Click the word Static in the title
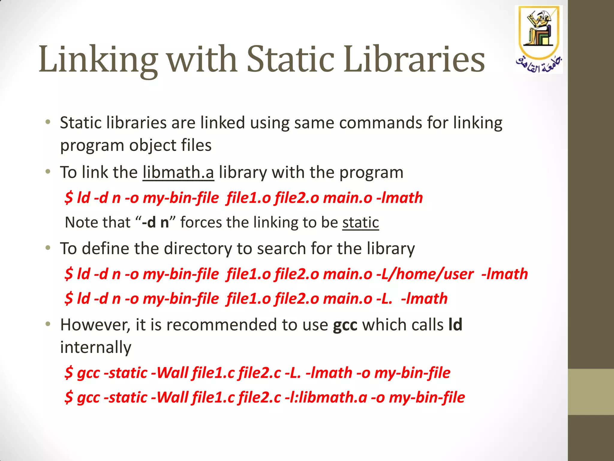pos(290,59)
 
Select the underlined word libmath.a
pos(178,173)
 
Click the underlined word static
pos(360,223)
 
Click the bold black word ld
pos(455,325)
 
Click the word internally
pos(96,348)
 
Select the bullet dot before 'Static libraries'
pos(48,122)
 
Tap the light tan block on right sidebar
pos(591,392)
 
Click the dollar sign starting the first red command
pos(69,198)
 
